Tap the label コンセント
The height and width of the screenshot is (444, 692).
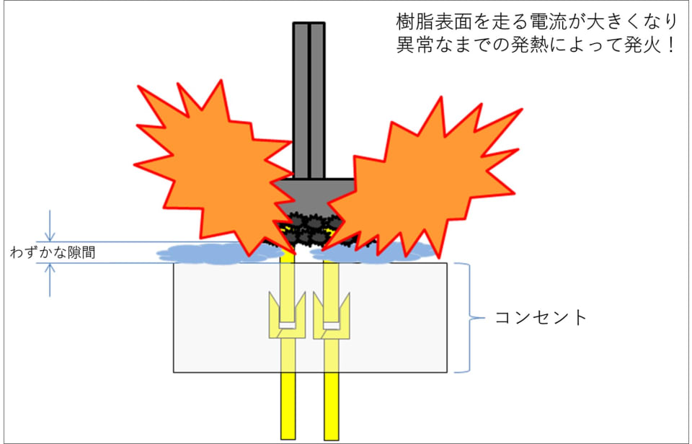541,317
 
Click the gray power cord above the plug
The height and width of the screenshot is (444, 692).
309,94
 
